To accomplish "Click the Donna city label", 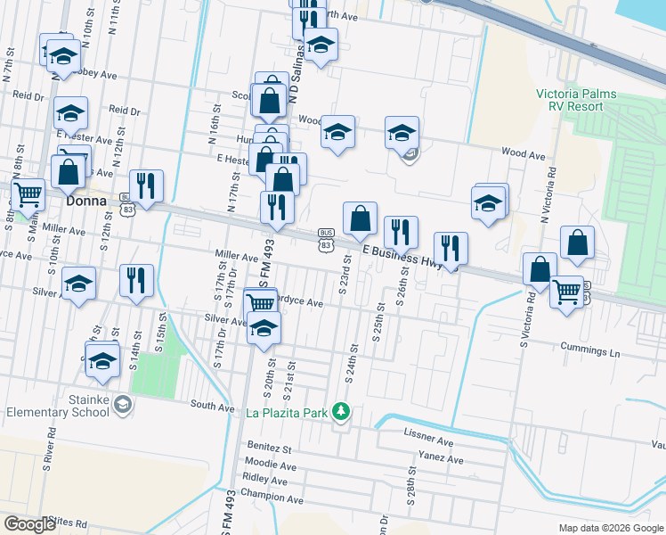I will pos(87,202).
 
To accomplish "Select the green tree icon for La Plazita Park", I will pos(339,411).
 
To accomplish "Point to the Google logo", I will pos(30,524).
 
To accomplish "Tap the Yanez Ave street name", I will pos(443,460).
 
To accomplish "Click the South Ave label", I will pos(212,406).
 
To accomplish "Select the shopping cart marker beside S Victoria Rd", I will pos(566,290).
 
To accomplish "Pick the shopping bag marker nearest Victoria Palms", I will pos(577,242).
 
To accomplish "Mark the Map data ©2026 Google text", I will pos(611,528).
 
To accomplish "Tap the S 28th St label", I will pos(412,484).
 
